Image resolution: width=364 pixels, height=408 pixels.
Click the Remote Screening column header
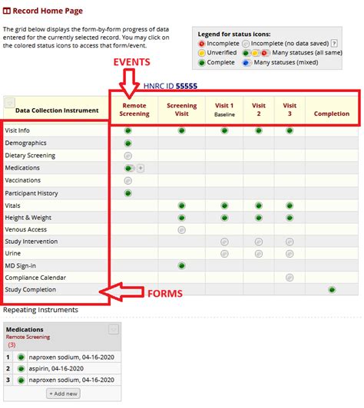point(134,110)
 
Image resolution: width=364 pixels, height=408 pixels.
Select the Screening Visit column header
point(181,110)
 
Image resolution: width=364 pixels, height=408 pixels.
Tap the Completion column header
point(331,114)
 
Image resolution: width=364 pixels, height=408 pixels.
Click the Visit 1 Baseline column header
point(225,110)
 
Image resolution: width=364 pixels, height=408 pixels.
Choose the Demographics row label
point(25,143)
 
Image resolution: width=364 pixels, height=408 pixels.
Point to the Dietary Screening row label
point(31,156)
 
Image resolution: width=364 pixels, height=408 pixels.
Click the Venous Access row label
point(26,229)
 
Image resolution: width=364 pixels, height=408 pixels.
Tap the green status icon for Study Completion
point(332,290)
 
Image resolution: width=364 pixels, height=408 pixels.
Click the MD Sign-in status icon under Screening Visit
point(181,265)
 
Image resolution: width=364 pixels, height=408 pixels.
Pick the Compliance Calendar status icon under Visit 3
point(290,278)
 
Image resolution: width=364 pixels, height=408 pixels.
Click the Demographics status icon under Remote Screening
point(128,143)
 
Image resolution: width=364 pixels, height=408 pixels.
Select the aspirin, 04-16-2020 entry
point(61,368)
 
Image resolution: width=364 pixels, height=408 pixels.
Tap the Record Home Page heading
point(52,12)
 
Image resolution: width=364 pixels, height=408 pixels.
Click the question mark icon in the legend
point(334,43)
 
